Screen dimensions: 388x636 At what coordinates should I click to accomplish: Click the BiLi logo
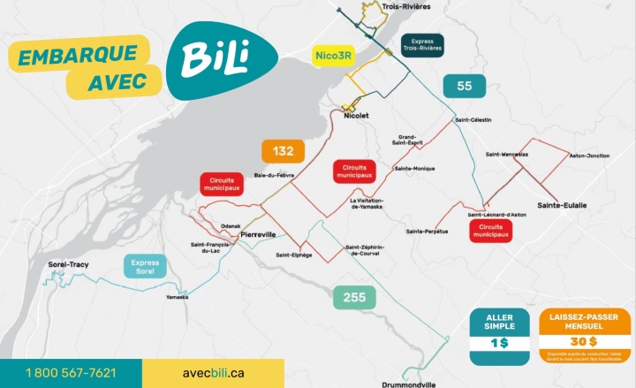tap(216, 59)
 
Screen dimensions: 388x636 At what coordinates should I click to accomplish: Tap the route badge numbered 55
tap(465, 86)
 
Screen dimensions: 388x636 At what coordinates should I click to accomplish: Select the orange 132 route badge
tap(283, 151)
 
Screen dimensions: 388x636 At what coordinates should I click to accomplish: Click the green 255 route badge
tap(354, 298)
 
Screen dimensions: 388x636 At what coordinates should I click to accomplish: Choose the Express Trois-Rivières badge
tap(421, 45)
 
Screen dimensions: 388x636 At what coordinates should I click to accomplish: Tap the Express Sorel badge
tap(145, 266)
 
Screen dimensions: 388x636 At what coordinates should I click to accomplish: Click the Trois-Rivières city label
tap(405, 6)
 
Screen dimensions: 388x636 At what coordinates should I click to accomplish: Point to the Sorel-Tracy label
tap(69, 264)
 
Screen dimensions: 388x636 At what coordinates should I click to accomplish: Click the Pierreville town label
tap(258, 234)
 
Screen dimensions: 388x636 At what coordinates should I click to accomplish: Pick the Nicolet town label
tap(356, 115)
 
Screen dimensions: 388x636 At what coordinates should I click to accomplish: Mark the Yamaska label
tap(177, 297)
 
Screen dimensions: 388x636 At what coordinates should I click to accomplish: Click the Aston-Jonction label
tap(589, 156)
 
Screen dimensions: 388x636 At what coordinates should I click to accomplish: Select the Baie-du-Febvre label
tap(274, 175)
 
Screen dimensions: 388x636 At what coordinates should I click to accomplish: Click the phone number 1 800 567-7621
tap(71, 373)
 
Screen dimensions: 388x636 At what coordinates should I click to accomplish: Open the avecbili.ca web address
tap(213, 373)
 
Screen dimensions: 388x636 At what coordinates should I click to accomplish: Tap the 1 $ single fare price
tap(499, 342)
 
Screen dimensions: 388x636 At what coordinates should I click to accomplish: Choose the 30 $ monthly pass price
tap(583, 342)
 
